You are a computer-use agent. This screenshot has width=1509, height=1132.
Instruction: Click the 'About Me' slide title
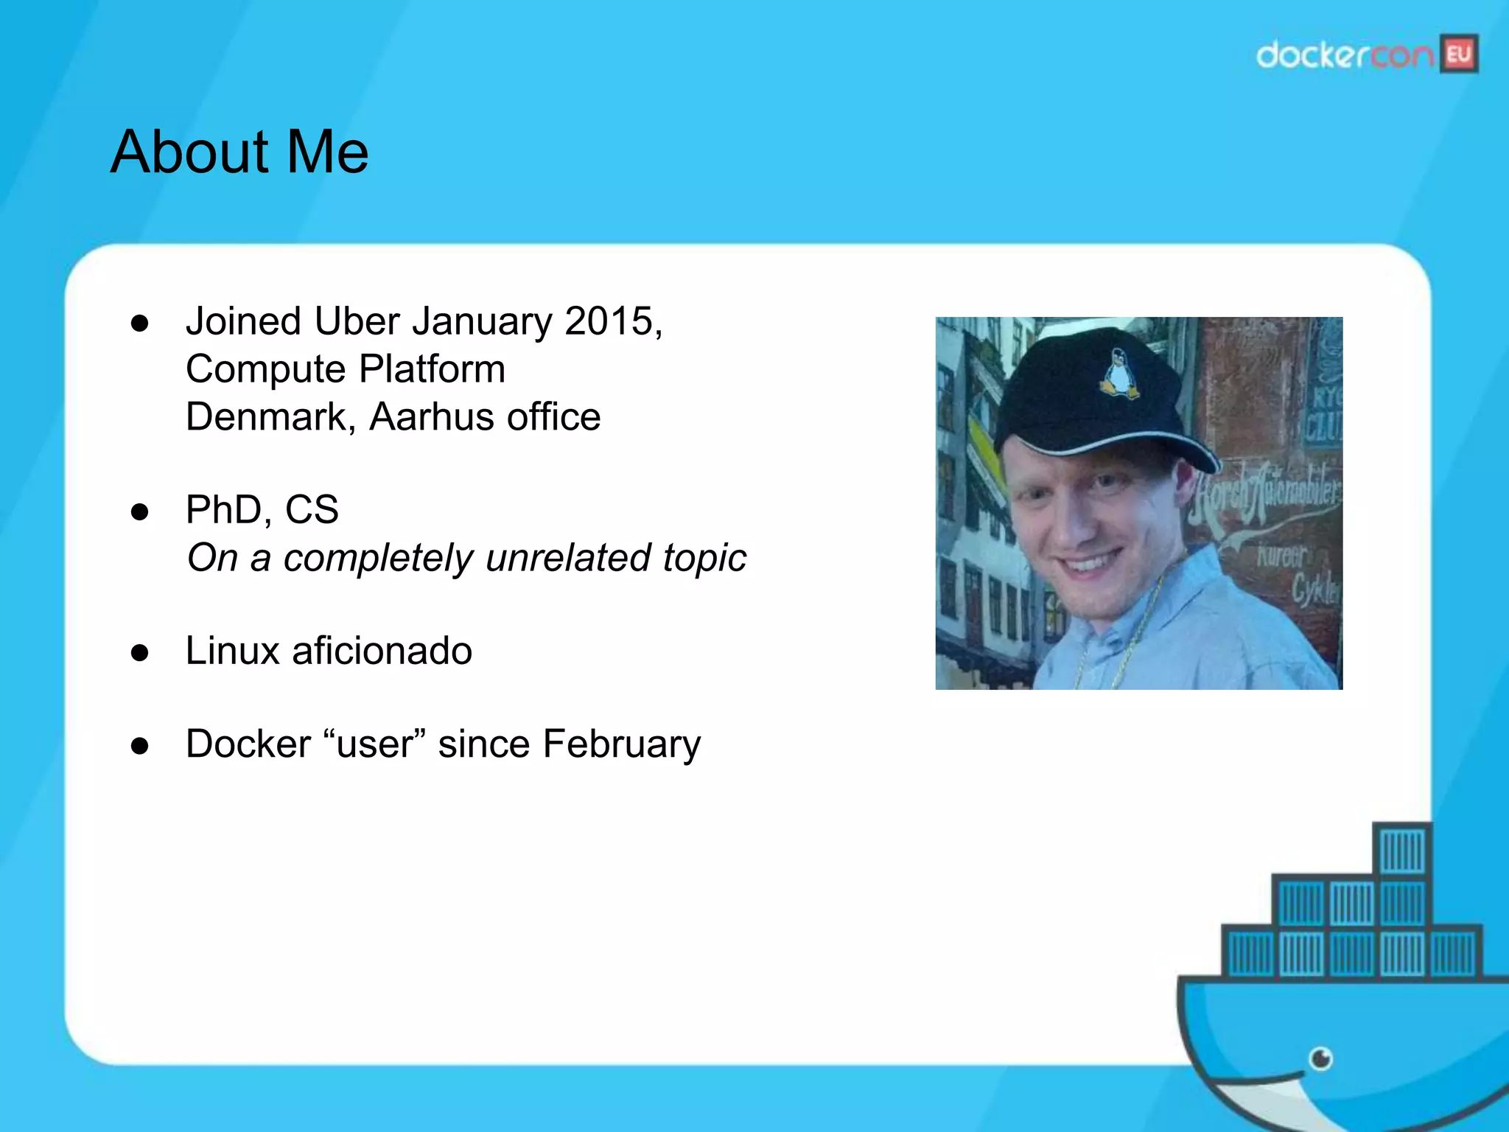(239, 152)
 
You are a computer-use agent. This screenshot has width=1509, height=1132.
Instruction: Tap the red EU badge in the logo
(1459, 55)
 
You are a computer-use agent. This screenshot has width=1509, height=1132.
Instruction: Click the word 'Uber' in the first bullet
(357, 321)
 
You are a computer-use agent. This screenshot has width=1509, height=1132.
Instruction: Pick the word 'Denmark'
(266, 417)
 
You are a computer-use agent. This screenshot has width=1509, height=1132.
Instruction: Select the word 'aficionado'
(382, 651)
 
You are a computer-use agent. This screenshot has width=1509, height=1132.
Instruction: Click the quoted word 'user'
(375, 744)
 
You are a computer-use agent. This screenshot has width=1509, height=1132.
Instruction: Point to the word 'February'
(623, 744)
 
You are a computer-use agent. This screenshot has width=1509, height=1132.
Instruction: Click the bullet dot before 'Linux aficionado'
(140, 652)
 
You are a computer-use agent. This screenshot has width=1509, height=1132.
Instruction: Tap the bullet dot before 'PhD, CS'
(140, 511)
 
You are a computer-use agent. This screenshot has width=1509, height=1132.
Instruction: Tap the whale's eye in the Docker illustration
(1320, 1060)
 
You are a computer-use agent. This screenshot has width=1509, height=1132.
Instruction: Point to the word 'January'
(482, 321)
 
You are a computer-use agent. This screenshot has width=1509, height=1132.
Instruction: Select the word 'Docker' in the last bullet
(248, 744)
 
